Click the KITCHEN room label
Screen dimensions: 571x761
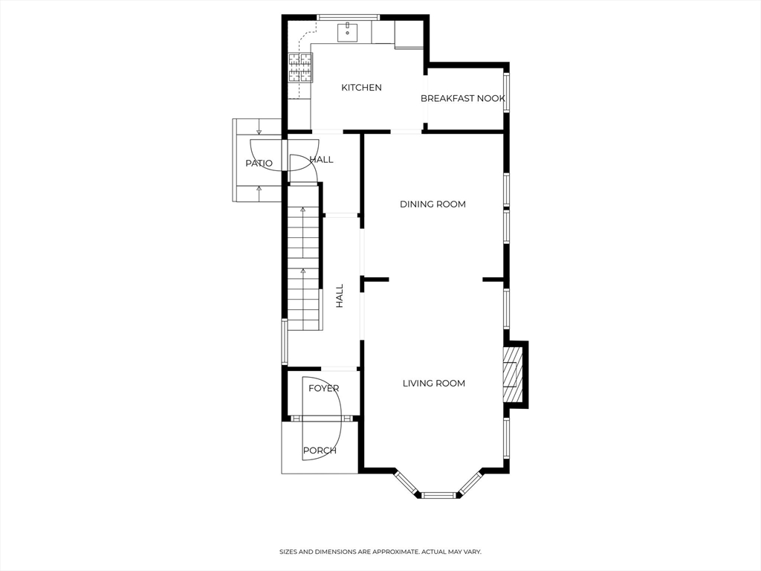pyautogui.click(x=361, y=88)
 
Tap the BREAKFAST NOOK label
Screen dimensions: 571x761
pyautogui.click(x=462, y=99)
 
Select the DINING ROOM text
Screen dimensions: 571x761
pyautogui.click(x=433, y=204)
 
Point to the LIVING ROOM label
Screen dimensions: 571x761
pyautogui.click(x=433, y=384)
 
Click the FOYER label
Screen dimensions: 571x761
pyautogui.click(x=323, y=389)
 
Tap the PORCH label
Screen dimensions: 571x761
pyautogui.click(x=320, y=451)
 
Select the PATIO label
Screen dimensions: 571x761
pyautogui.click(x=259, y=164)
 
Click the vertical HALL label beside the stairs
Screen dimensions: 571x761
pyautogui.click(x=340, y=295)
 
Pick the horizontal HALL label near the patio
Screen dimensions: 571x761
pyautogui.click(x=321, y=160)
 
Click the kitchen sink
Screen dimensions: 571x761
pyautogui.click(x=348, y=32)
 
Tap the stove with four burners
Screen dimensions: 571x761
pyautogui.click(x=300, y=68)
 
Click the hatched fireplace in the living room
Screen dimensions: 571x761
pyautogui.click(x=511, y=375)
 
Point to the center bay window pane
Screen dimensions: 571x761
pyautogui.click(x=438, y=494)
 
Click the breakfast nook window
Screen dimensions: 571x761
pyautogui.click(x=507, y=91)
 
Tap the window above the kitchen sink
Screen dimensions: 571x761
pyautogui.click(x=349, y=17)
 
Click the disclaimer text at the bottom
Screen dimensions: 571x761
pyautogui.click(x=380, y=552)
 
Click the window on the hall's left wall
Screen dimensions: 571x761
pyautogui.click(x=284, y=342)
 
